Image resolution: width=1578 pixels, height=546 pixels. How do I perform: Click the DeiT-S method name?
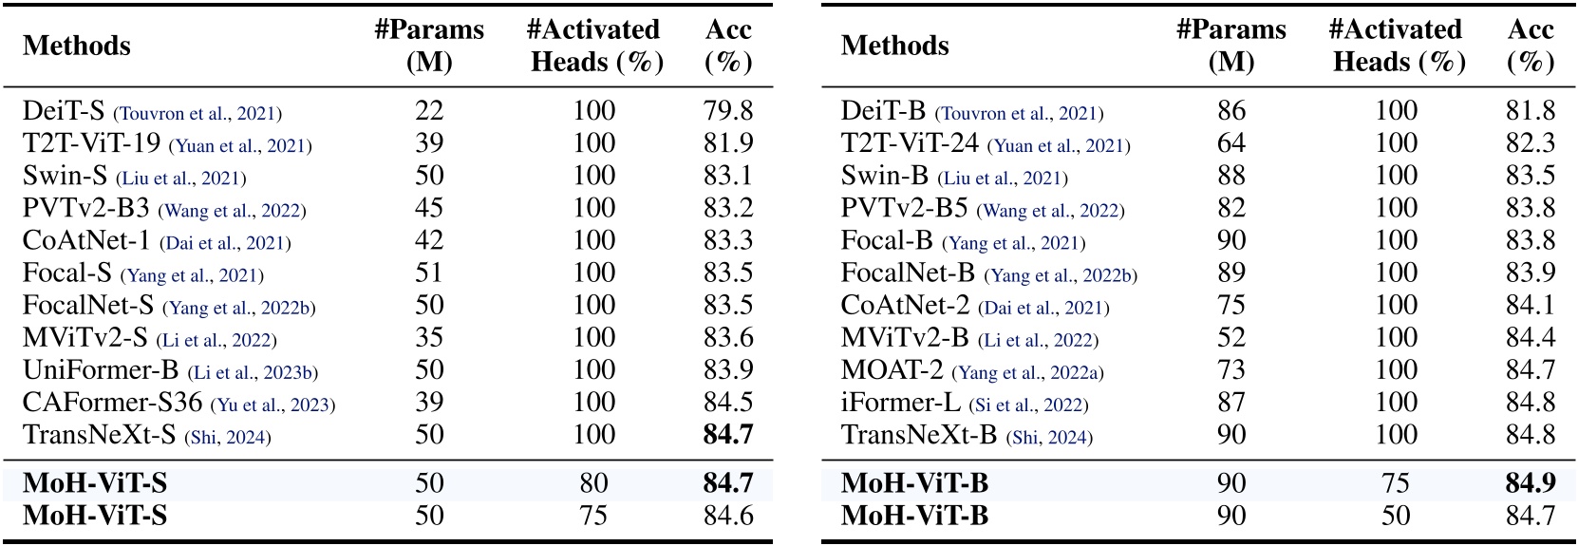[64, 111]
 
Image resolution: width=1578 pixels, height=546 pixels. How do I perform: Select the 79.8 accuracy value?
[728, 111]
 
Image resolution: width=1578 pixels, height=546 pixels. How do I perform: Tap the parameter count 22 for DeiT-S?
[429, 111]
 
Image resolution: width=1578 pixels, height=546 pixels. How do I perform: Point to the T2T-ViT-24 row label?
[910, 143]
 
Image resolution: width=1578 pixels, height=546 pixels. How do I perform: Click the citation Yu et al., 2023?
[272, 405]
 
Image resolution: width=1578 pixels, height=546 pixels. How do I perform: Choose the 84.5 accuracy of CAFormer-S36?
[728, 403]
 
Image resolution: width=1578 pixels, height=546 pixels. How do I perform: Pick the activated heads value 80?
[593, 483]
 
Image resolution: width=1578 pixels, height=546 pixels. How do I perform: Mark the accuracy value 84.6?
[728, 516]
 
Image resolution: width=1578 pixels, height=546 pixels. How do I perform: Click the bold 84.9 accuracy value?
[1530, 483]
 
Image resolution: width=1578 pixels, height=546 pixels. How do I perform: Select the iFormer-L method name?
[900, 403]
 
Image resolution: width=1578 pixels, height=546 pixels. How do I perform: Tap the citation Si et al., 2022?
[1028, 405]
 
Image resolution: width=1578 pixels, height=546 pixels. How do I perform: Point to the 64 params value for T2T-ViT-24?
[1231, 143]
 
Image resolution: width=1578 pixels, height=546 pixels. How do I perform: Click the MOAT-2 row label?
[892, 370]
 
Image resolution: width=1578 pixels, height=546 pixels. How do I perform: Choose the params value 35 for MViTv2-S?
[429, 338]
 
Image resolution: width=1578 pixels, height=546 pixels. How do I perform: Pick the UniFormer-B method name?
[101, 370]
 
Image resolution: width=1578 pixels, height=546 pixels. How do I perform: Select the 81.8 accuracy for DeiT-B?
[1530, 111]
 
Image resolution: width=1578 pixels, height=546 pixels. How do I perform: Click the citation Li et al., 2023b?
[253, 372]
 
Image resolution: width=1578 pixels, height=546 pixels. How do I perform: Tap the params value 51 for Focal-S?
[429, 273]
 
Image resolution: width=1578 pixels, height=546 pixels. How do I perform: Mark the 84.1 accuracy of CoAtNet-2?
[1530, 306]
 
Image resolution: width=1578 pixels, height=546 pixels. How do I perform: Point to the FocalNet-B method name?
[908, 273]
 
